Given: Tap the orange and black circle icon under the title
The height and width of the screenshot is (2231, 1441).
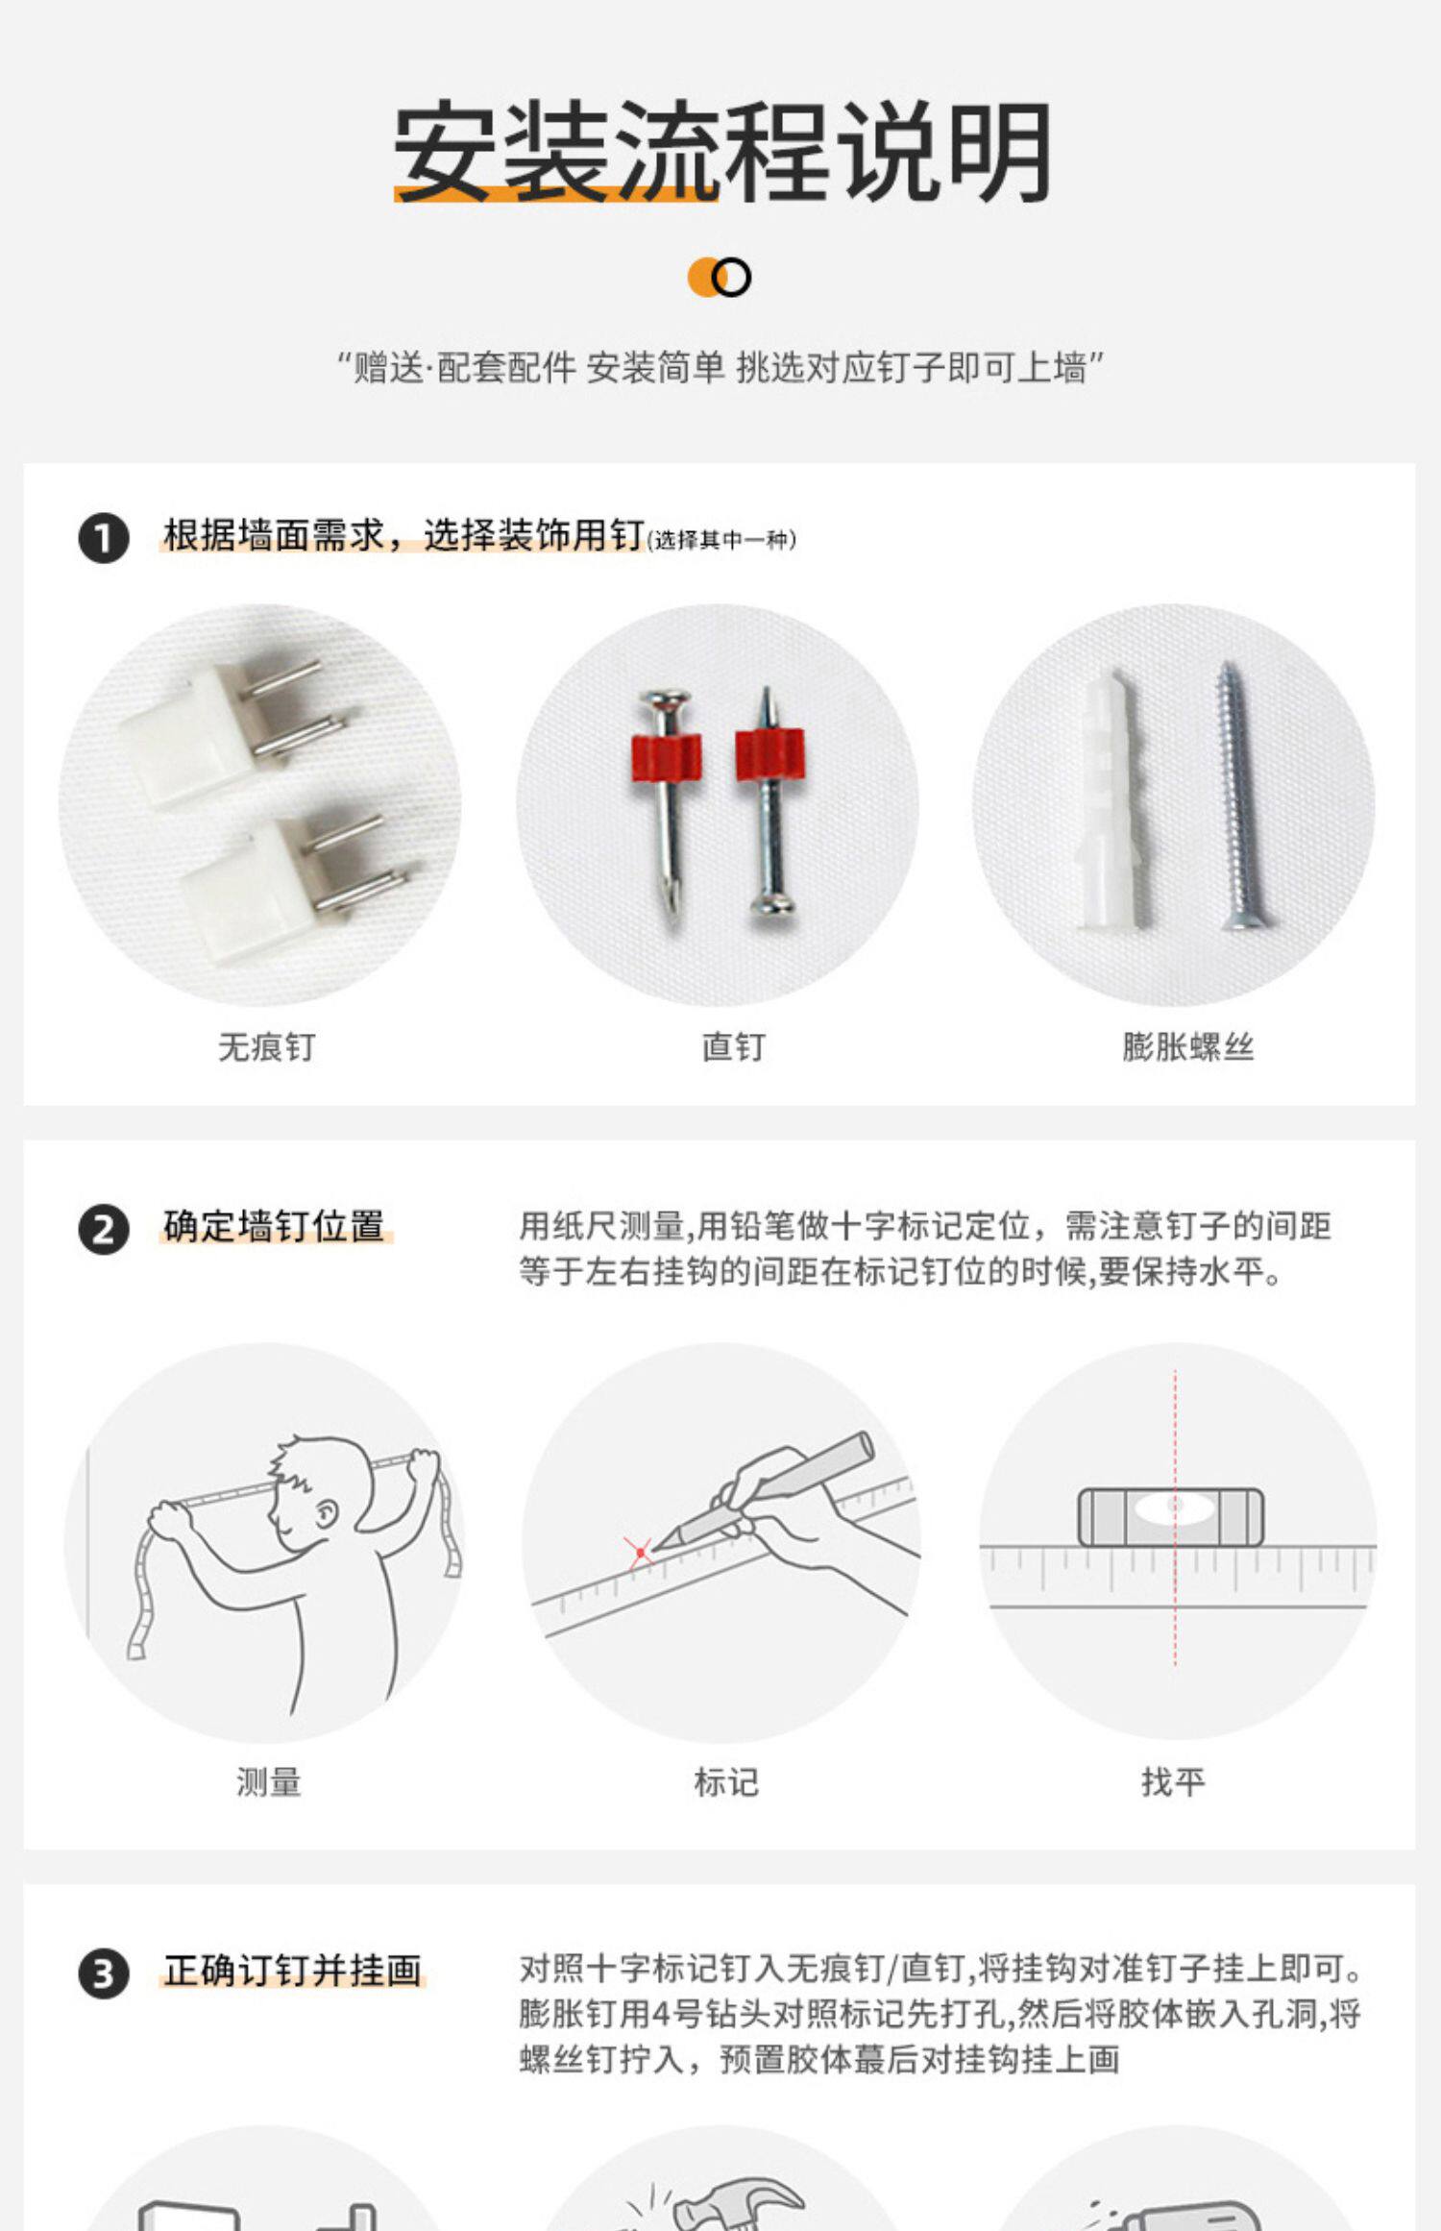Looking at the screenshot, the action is coord(720,278).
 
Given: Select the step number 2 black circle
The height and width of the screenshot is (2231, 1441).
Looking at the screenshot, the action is coord(104,1230).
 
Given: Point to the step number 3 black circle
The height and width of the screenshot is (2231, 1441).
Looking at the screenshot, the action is coord(104,1974).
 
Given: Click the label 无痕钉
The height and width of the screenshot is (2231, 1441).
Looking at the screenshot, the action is coord(267,1046).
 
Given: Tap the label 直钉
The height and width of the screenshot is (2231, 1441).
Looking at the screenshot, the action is coord(733,1046).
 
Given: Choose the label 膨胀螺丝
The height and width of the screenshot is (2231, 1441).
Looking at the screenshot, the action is coord(1188,1046).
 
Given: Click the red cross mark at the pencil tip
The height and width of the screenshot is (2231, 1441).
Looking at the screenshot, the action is coord(640,1553).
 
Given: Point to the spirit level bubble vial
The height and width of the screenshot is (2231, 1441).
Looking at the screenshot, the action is coord(1171,1517).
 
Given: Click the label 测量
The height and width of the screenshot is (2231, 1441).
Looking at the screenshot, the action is coord(269,1782).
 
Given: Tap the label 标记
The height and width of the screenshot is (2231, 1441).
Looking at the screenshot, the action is coord(726,1782).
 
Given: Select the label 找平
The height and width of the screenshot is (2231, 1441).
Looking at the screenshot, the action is coord(1173,1782).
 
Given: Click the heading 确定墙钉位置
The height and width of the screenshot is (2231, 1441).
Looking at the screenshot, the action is coord(274,1226).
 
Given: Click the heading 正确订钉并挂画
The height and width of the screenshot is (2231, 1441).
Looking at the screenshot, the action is coord(292,1971).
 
